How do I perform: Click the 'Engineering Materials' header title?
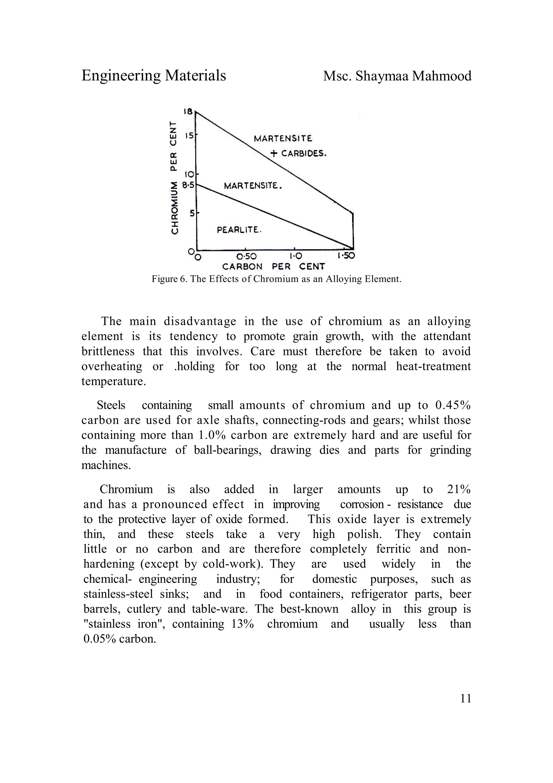(154, 75)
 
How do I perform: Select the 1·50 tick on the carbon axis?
(346, 256)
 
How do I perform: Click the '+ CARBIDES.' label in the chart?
(298, 153)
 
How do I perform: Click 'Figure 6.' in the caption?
(170, 279)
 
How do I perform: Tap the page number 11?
(466, 699)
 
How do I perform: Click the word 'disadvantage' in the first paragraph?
(200, 321)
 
